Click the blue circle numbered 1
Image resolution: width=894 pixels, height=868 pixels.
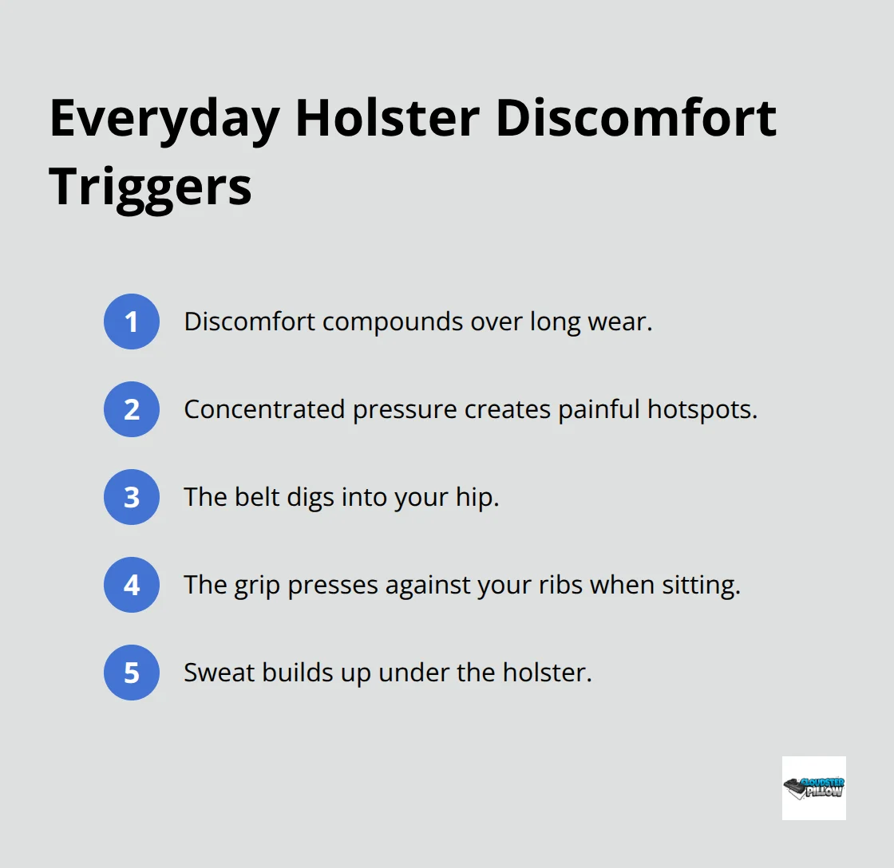point(132,322)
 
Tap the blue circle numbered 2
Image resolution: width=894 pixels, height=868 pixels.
point(132,409)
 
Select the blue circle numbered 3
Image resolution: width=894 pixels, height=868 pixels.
point(132,497)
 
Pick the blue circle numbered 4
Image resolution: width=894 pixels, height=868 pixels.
point(132,585)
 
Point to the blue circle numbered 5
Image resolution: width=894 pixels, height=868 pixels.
point(132,673)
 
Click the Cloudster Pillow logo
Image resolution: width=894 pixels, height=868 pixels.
point(813,787)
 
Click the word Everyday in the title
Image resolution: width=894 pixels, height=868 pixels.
point(164,120)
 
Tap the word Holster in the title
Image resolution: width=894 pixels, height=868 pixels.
point(386,120)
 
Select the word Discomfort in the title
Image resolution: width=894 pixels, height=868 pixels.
point(636,120)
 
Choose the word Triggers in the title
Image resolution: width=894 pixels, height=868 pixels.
point(150,188)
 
